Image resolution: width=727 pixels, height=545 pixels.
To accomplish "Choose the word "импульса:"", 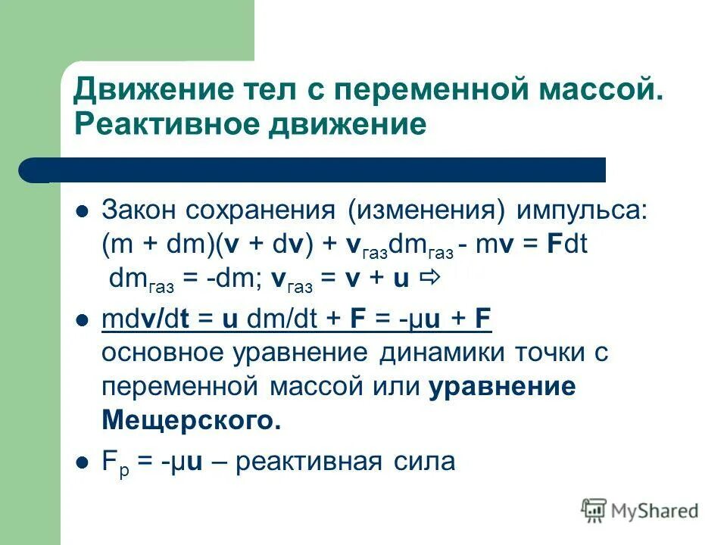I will point(583,210).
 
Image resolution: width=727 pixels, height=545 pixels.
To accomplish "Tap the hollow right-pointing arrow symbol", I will point(429,278).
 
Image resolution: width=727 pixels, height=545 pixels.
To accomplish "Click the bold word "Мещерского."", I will point(191,420).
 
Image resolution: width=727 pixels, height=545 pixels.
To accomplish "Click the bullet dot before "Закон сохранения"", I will point(83,211).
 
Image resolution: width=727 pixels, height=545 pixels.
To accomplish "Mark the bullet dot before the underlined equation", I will point(83,321).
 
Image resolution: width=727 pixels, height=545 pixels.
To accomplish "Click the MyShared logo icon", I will point(594,510).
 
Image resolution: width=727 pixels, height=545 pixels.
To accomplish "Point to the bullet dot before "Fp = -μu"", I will point(83,462).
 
